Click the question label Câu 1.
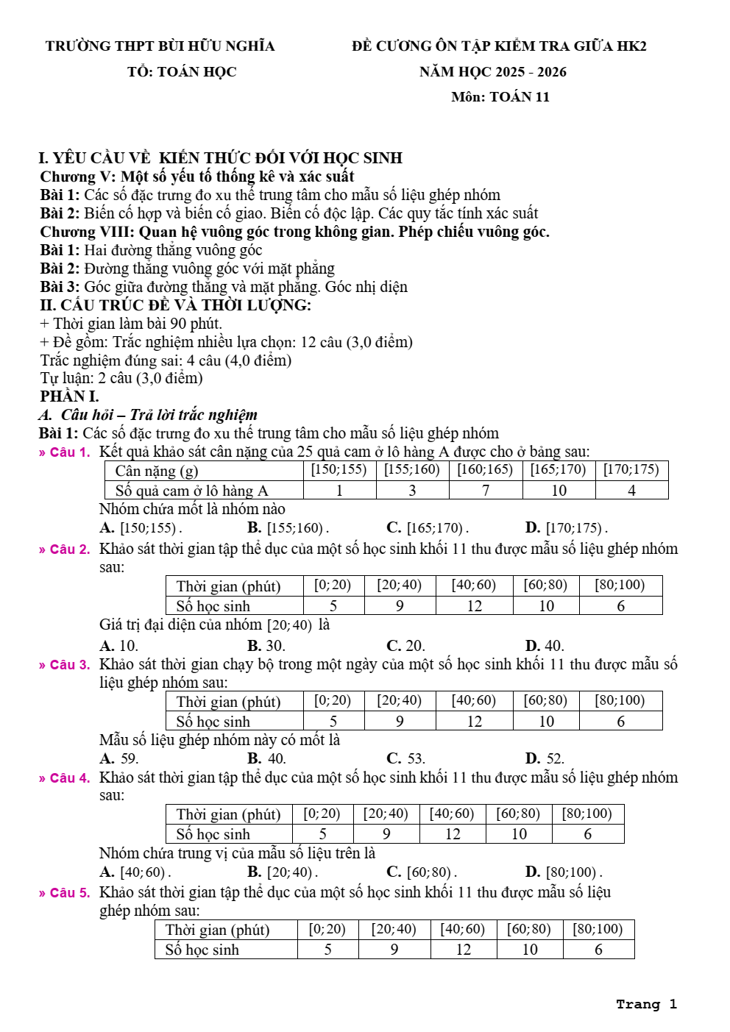[x=65, y=452]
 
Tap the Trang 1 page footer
[x=646, y=1004]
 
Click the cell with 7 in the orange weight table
[x=486, y=491]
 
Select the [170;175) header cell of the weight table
[x=631, y=470]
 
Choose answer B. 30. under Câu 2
[x=266, y=646]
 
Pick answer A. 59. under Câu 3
[x=119, y=758]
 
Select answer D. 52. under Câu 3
[x=545, y=758]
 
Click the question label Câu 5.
[x=65, y=893]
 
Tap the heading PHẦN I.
[x=69, y=396]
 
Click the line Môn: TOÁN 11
[x=500, y=97]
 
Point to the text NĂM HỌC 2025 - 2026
[x=493, y=72]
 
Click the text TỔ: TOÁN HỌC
[x=182, y=72]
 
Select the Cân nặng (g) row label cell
[x=156, y=471]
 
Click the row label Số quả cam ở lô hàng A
[x=191, y=491]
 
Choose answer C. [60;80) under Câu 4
[x=422, y=872]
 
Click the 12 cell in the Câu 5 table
[x=464, y=950]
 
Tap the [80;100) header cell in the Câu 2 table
[x=620, y=586]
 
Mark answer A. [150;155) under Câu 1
[x=141, y=528]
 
